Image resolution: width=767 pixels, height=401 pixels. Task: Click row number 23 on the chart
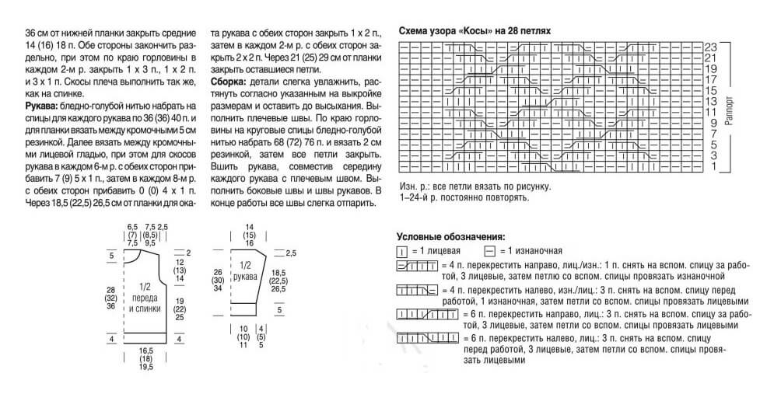pos(709,47)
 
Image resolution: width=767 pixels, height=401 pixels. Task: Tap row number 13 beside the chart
pos(709,101)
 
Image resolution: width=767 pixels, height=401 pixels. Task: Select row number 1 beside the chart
pos(713,166)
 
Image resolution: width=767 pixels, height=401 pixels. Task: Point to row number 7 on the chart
pos(713,134)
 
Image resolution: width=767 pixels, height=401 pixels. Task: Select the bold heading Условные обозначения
pos(451,236)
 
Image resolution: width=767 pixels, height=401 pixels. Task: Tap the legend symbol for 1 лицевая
pos(403,252)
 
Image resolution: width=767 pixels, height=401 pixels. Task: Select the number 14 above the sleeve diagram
pos(249,225)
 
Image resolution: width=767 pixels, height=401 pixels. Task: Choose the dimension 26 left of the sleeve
pos(219,271)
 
